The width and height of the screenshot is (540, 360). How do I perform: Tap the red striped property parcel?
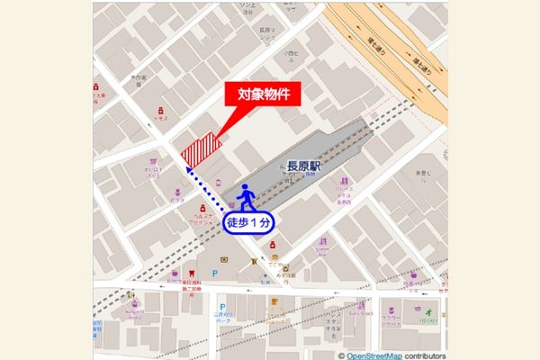pos(200,149)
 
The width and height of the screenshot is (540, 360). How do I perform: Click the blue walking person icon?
pos(246,198)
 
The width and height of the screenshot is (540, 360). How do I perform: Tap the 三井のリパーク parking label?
pos(220,319)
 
